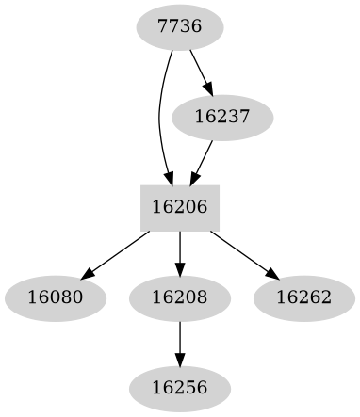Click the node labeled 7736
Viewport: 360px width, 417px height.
[x=180, y=27]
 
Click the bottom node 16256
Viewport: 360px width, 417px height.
[x=180, y=387]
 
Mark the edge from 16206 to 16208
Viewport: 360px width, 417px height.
[x=180, y=252]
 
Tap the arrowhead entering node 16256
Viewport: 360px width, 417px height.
[x=180, y=361]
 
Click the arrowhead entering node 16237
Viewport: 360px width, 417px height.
[x=210, y=90]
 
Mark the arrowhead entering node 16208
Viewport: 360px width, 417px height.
[x=180, y=271]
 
